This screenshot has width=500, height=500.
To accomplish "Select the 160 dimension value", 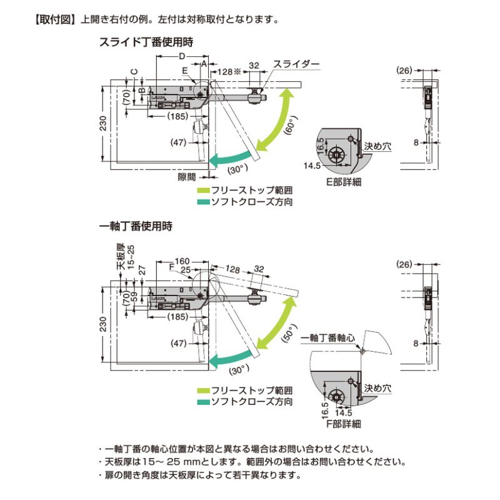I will point(182,261).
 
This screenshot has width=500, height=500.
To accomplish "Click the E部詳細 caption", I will point(343,182).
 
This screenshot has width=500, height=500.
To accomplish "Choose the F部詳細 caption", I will point(343,424).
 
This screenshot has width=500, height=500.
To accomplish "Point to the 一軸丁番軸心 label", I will point(327,337).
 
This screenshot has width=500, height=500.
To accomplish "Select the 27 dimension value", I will point(142,270).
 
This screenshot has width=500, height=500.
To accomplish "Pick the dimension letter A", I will point(205,64).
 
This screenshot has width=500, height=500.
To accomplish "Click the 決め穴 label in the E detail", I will point(378,146).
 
